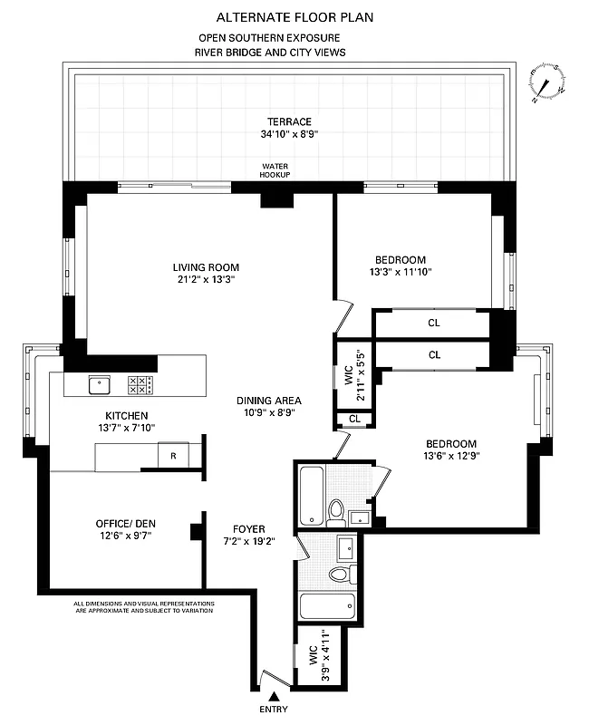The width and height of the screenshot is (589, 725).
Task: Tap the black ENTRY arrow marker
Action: tap(273, 693)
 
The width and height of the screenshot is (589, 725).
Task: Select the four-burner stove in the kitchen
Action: tap(140, 385)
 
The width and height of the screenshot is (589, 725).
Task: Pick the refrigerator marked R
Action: tap(174, 456)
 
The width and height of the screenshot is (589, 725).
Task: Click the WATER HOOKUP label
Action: tap(275, 170)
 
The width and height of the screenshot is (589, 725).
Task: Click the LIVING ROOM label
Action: tap(206, 273)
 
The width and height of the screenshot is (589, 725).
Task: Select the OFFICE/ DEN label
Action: tap(126, 529)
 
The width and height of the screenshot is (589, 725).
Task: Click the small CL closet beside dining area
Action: tap(353, 419)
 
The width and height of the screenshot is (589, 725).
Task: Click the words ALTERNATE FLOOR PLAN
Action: tap(294, 17)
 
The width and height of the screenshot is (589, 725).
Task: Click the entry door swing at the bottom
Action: tap(266, 675)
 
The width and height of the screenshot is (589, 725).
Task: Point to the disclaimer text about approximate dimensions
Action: tap(144, 606)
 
